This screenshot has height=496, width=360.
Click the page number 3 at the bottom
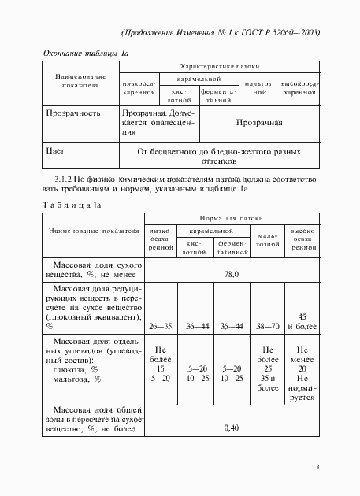click(317, 468)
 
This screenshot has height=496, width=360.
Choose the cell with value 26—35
click(161, 324)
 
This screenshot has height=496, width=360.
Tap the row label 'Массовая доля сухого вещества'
click(93, 270)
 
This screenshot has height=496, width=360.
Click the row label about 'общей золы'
click(93, 420)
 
